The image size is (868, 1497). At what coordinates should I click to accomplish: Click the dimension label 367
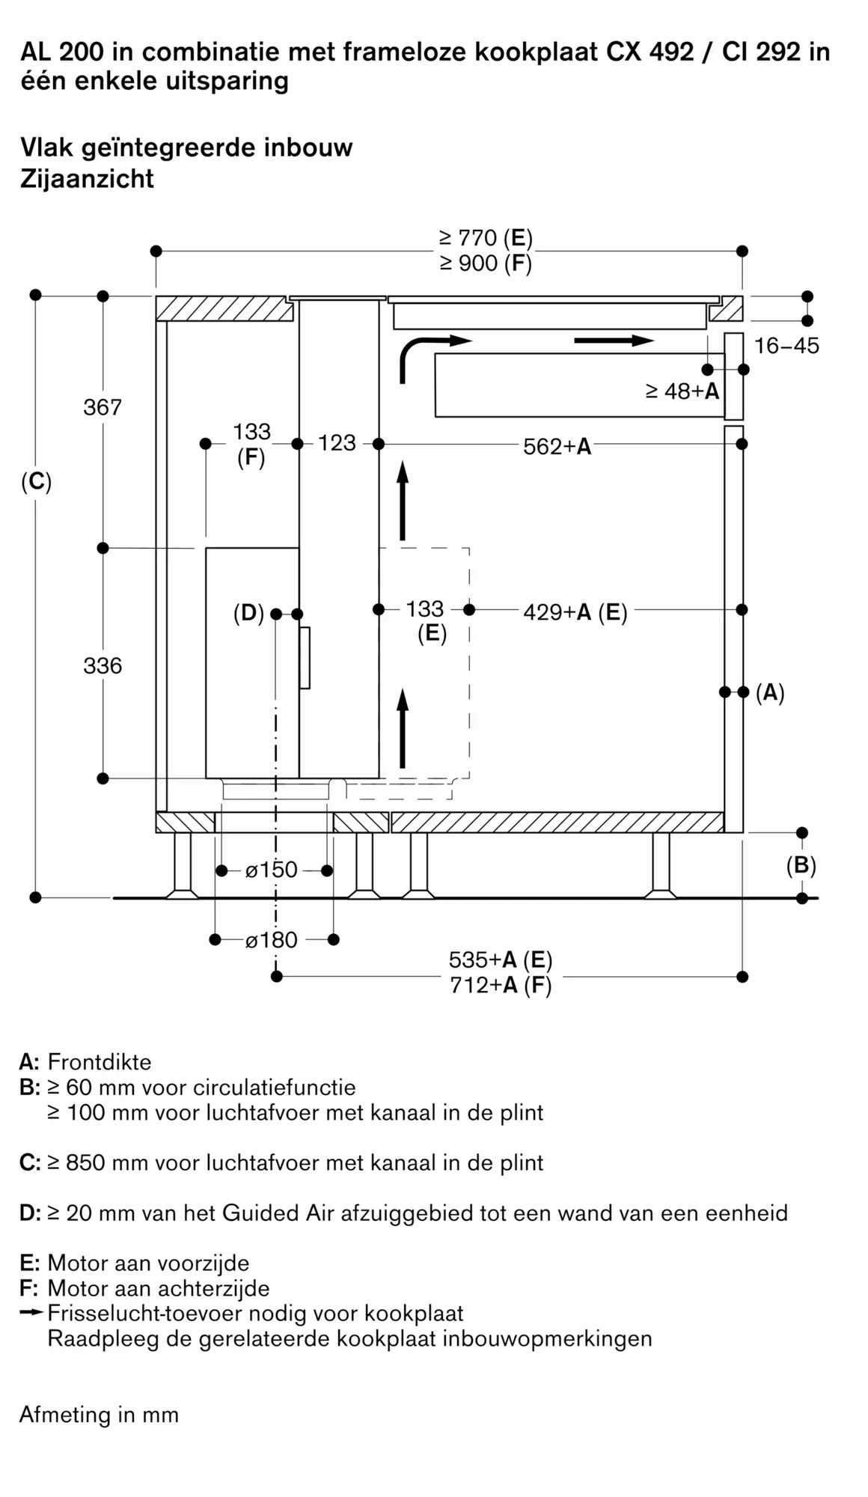[103, 407]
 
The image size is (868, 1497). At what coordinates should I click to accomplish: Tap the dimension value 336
[103, 665]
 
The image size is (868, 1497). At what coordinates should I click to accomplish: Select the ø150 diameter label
[272, 870]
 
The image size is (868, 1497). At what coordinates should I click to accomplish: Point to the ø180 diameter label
[272, 940]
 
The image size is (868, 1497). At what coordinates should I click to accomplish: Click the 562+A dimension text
[557, 447]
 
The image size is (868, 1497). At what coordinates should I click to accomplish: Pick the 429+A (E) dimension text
[575, 612]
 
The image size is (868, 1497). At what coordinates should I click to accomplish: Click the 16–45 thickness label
[786, 346]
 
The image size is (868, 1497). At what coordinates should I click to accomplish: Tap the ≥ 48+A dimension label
[682, 391]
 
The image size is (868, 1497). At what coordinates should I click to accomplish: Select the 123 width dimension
[337, 443]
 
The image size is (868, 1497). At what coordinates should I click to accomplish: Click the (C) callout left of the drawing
[36, 481]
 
